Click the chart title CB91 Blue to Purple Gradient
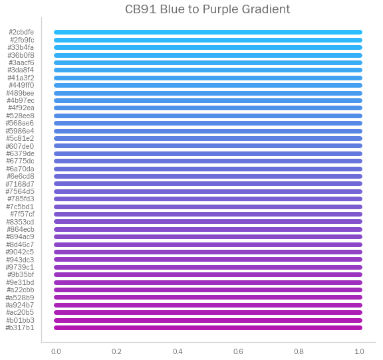click(x=207, y=9)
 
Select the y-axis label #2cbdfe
click(x=21, y=32)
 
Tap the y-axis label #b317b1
click(x=20, y=327)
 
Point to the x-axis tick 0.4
click(x=178, y=351)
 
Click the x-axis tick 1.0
click(x=360, y=351)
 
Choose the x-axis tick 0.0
click(x=57, y=351)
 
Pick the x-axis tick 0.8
click(x=299, y=351)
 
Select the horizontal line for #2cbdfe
click(x=208, y=32)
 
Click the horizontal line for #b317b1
click(x=208, y=327)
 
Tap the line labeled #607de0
click(x=208, y=146)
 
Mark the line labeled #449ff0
click(x=208, y=85)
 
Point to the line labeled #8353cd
click(x=208, y=222)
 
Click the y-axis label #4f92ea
click(x=21, y=108)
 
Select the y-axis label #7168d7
click(x=20, y=184)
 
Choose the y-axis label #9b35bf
click(x=21, y=274)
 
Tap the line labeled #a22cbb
click(x=208, y=290)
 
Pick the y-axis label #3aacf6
click(x=21, y=62)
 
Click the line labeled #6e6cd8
click(x=208, y=176)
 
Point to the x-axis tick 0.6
click(x=238, y=351)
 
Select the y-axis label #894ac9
click(x=20, y=236)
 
